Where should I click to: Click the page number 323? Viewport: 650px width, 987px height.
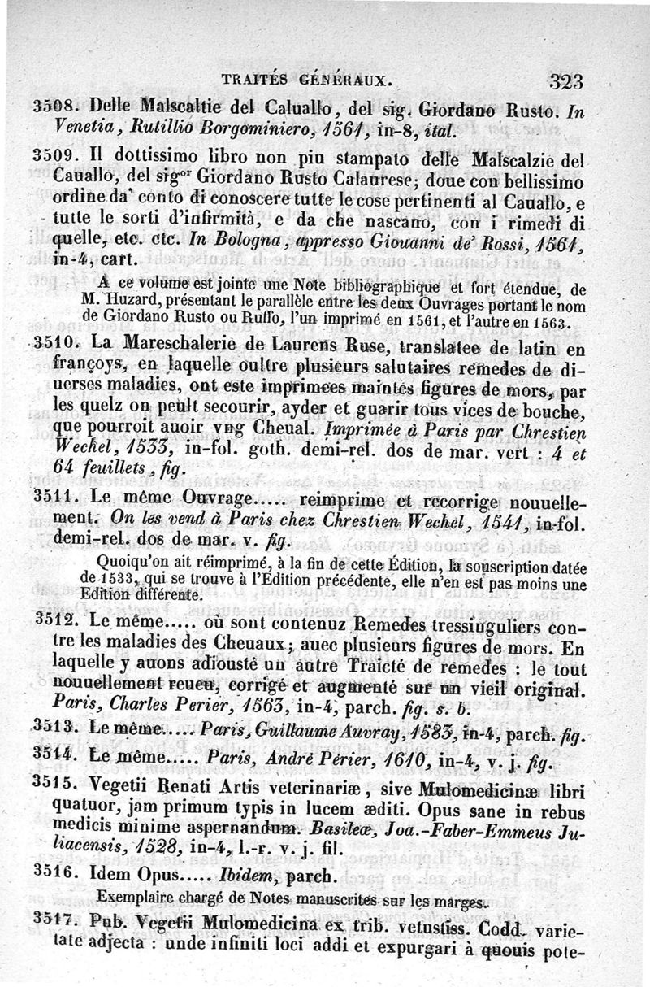coord(566,80)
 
